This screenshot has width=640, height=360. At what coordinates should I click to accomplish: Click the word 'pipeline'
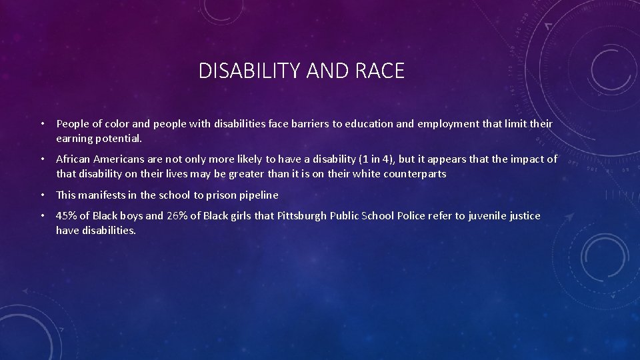[261, 195]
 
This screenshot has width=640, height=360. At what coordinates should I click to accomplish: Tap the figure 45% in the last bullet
[67, 216]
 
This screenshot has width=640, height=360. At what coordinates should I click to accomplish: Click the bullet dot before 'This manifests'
[42, 195]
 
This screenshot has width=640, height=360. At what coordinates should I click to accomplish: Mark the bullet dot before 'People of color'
[42, 124]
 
